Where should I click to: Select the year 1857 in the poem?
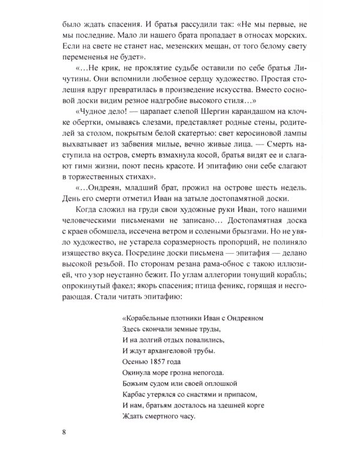coord(158,361)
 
